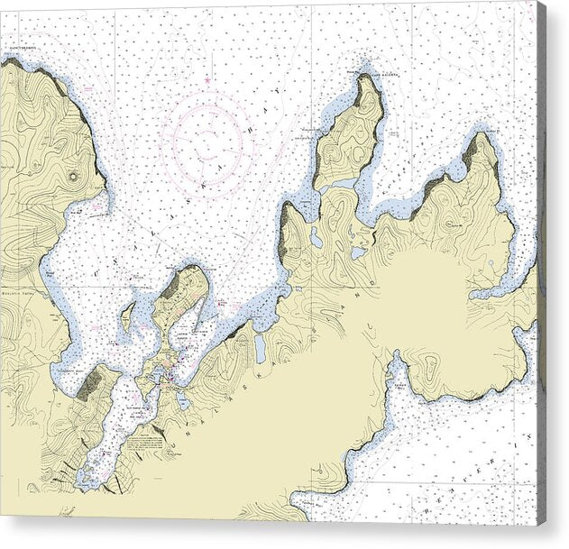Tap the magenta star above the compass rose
206,81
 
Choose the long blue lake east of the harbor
260,348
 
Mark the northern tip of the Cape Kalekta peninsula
365,75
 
